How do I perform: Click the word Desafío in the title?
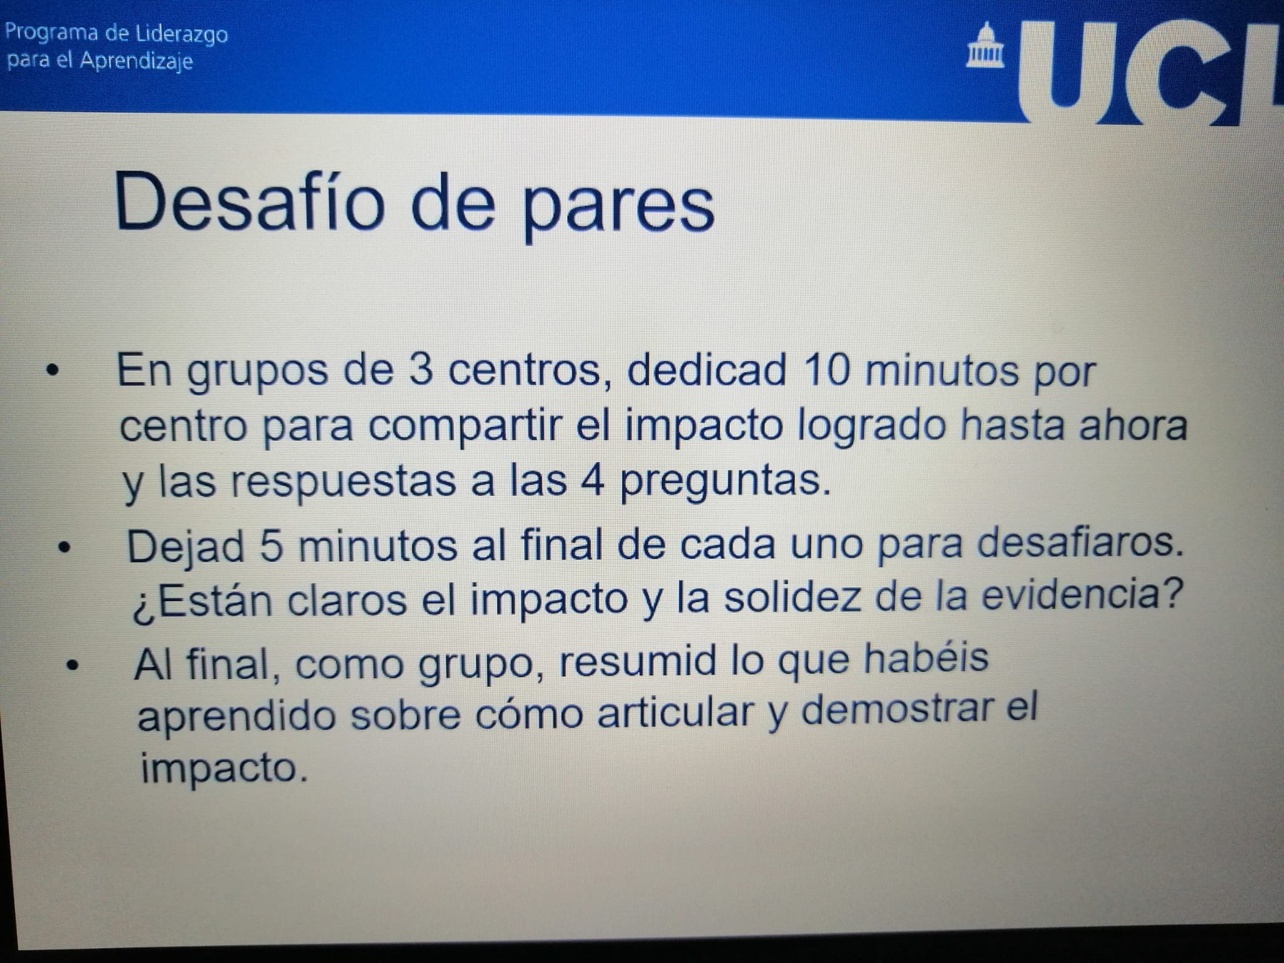click(249, 203)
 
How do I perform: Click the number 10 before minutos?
click(826, 370)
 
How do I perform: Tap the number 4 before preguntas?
click(592, 481)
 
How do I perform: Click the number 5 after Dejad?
click(271, 546)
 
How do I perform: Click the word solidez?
click(792, 597)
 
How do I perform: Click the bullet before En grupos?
click(55, 372)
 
